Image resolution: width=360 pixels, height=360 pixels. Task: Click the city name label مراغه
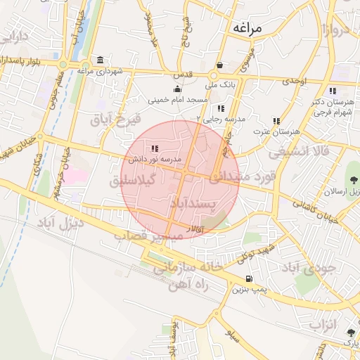coord(245,28)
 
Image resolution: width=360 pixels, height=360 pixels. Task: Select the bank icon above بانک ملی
coord(220,65)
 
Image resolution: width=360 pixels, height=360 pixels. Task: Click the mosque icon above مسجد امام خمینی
coord(176,89)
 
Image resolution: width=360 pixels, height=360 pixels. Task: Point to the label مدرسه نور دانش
coord(155,160)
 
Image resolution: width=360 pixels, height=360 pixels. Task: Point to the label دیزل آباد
coord(58,224)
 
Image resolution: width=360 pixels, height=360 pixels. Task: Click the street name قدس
coord(182,74)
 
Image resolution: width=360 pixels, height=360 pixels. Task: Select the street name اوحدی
coord(295,82)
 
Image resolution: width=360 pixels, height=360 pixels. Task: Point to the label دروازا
coord(337,30)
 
